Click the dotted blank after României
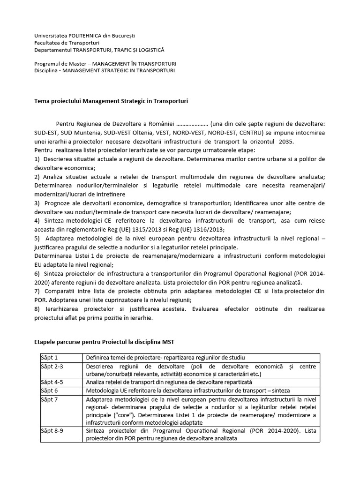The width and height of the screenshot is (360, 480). click(x=192, y=124)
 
